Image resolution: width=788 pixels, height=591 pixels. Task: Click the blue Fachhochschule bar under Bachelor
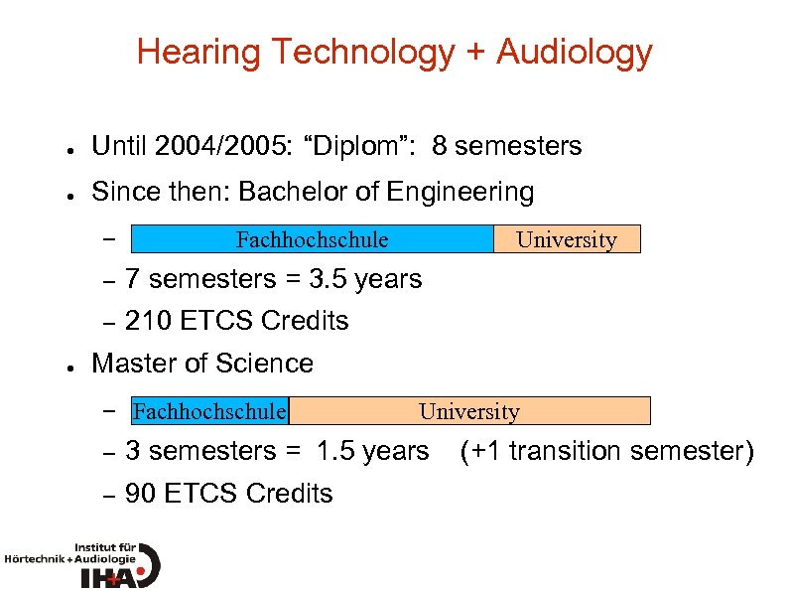pyautogui.click(x=312, y=239)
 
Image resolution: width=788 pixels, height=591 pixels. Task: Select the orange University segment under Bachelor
pyautogui.click(x=567, y=239)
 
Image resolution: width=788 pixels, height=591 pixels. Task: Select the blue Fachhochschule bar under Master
pyautogui.click(x=209, y=411)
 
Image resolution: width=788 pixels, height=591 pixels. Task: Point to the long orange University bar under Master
pyautogui.click(x=469, y=411)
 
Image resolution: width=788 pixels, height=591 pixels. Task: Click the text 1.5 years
pyautogui.click(x=372, y=452)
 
